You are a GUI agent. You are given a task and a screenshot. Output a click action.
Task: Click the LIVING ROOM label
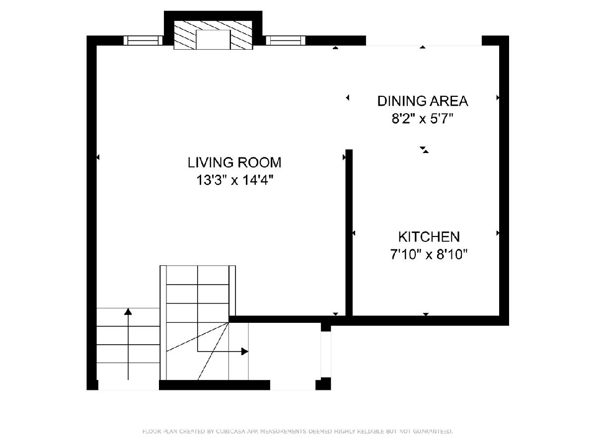coord(234,162)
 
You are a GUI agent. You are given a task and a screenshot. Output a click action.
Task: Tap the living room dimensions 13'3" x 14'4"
coord(234,180)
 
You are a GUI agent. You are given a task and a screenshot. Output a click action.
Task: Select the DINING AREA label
coord(423,101)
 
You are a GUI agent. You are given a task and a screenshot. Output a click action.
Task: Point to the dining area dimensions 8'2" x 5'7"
coord(423,119)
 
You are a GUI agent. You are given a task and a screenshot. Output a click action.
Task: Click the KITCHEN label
coord(429,237)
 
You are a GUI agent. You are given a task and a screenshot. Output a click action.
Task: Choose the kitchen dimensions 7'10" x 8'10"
coord(429,255)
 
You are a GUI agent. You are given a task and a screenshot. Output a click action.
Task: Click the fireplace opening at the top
coord(213,40)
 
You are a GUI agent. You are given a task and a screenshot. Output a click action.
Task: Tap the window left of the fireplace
coord(143,41)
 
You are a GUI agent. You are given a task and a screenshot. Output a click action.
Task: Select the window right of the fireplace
coord(286,41)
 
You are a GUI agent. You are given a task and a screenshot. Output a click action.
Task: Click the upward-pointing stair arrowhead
coord(128,311)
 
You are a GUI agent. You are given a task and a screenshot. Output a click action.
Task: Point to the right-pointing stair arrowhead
coord(245,352)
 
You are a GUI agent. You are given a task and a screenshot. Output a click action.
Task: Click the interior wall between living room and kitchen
coord(349,232)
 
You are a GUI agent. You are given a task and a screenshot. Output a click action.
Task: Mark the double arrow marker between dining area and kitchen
coord(424,149)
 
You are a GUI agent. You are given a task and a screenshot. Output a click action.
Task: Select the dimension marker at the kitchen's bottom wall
coord(426,314)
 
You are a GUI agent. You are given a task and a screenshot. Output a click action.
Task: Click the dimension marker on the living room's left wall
coord(98,157)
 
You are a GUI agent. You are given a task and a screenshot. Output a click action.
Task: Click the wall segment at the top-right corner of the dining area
coord(495,41)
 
